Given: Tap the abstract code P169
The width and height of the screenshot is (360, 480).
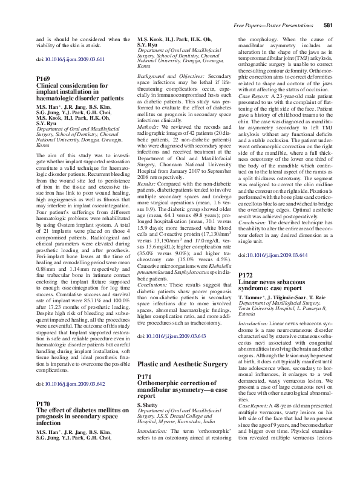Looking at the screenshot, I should tap(44, 79).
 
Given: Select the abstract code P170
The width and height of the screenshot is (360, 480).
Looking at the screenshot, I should tap(44, 403).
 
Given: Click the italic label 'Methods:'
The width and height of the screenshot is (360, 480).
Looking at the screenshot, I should tap(148, 128).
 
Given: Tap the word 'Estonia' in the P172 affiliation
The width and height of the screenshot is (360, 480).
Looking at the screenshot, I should tap(247, 315).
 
